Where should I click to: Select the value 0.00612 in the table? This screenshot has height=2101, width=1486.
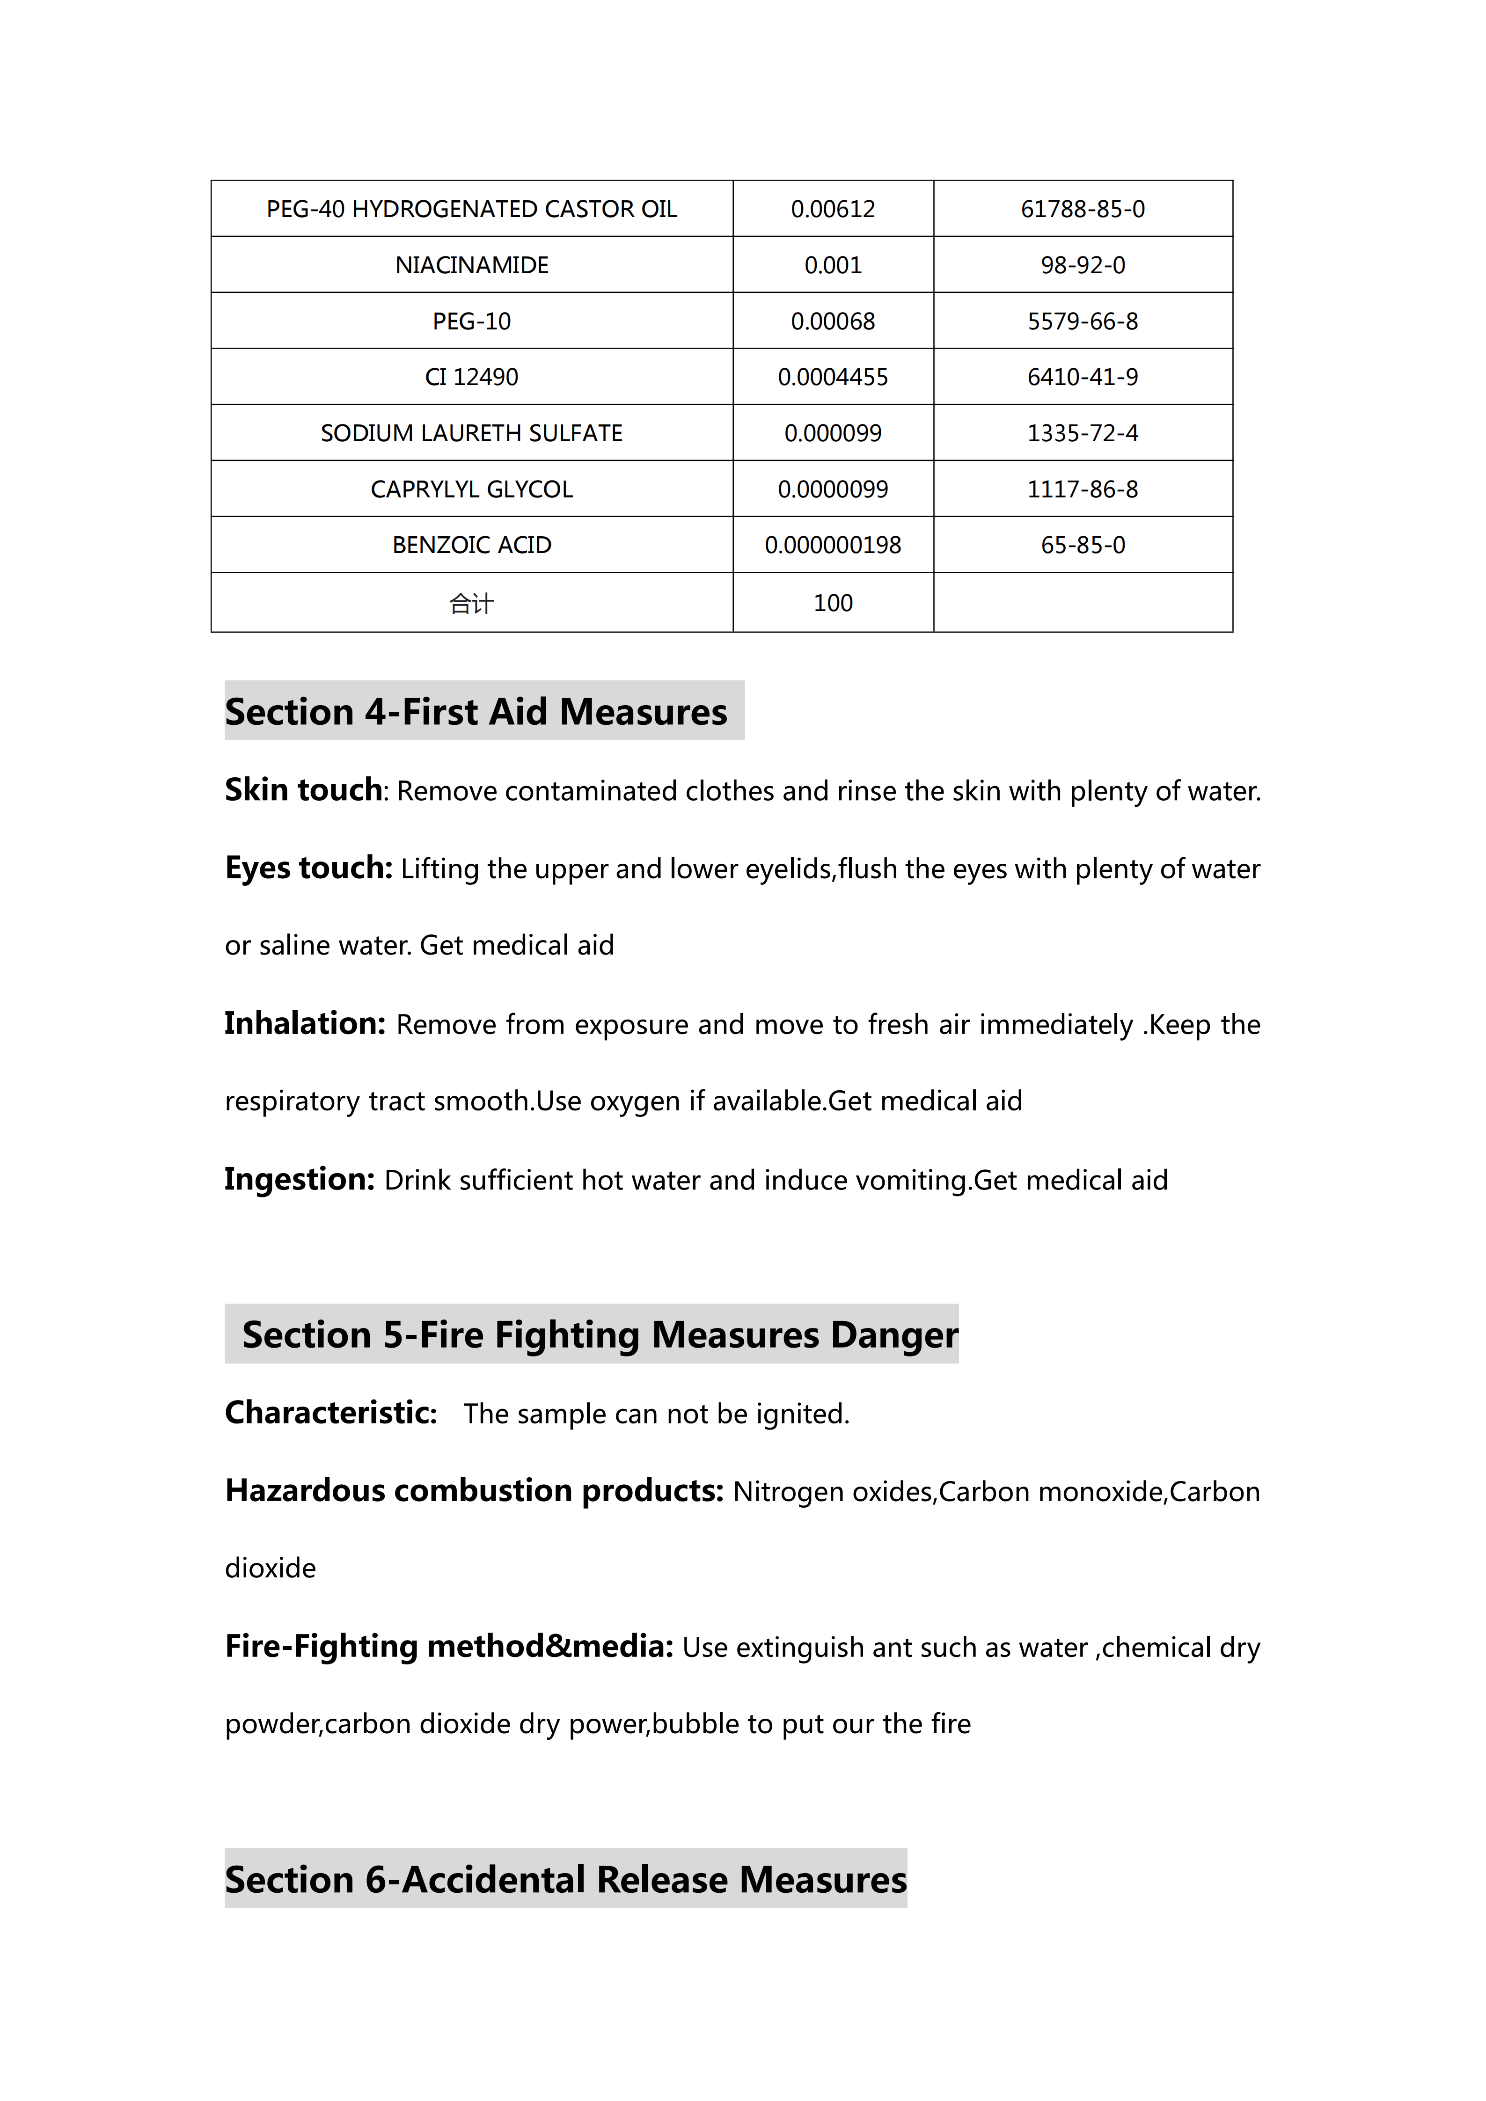(833, 210)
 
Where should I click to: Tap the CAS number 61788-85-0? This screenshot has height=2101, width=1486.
(1083, 210)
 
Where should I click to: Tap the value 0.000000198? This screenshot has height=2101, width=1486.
(833, 546)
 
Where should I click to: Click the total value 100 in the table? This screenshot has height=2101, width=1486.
(833, 603)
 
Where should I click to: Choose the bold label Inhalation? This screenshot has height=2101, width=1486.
(305, 1023)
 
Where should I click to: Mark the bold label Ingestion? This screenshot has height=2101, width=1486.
(299, 1179)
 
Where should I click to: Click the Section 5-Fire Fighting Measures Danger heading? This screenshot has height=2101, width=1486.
(600, 1335)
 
